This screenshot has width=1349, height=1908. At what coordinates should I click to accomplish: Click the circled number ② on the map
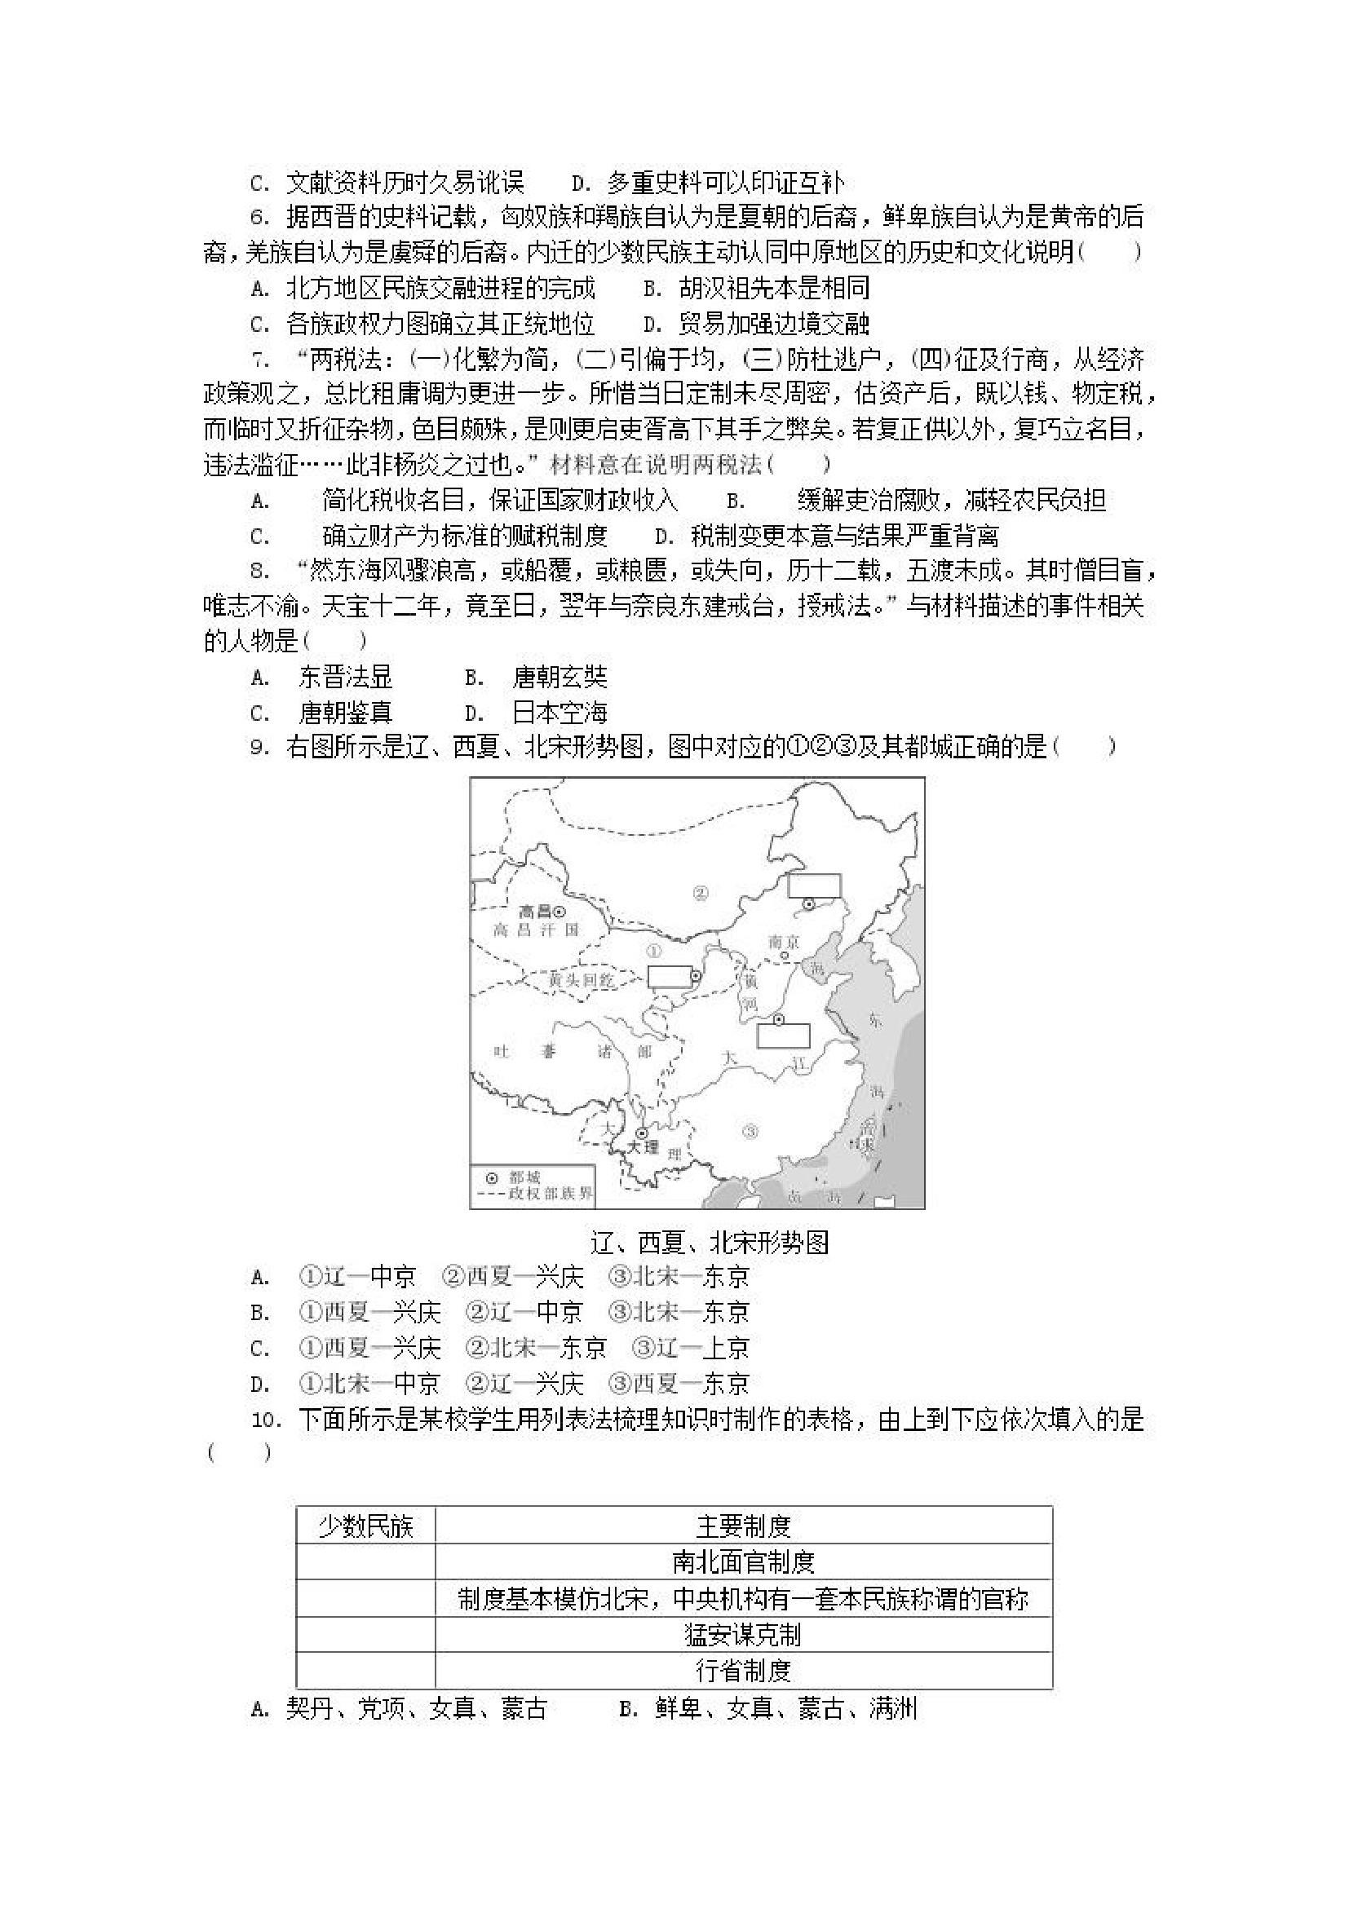[700, 894]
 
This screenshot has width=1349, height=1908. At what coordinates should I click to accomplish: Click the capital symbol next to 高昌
[560, 912]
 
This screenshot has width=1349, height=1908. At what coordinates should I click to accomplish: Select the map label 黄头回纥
[581, 981]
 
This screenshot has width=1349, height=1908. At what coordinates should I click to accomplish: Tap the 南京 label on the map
[783, 942]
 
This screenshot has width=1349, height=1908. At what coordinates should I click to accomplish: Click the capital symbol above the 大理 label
[642, 1133]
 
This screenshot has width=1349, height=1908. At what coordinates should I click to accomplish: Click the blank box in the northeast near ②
[815, 885]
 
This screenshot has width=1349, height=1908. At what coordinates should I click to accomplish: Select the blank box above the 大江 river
[783, 1036]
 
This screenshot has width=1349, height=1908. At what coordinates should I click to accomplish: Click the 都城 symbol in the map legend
[492, 1177]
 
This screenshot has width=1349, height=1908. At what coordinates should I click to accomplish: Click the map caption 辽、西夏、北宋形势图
[709, 1242]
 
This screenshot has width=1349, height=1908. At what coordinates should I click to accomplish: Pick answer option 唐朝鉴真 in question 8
[345, 713]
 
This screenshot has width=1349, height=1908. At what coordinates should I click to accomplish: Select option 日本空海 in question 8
[560, 713]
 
